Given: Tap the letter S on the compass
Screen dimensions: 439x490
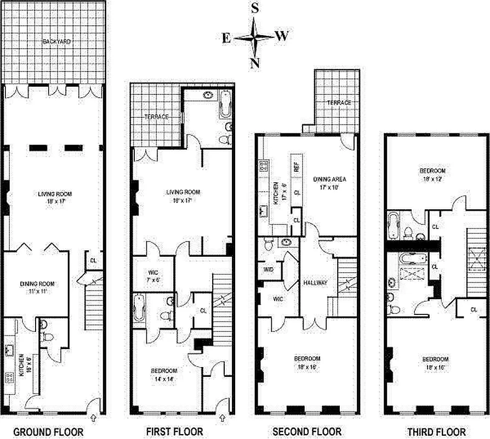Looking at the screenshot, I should pyautogui.click(x=255, y=8).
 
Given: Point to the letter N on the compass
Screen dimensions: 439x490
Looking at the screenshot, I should pyautogui.click(x=254, y=63).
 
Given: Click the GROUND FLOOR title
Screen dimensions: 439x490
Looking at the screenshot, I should pyautogui.click(x=48, y=432).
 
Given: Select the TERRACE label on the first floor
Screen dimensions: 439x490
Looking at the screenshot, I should pyautogui.click(x=156, y=117).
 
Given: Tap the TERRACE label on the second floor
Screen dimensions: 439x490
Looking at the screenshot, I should pyautogui.click(x=339, y=103).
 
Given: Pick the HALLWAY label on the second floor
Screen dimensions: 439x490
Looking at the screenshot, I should pyautogui.click(x=315, y=283).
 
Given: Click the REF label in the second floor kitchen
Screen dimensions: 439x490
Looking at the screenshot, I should pyautogui.click(x=295, y=167).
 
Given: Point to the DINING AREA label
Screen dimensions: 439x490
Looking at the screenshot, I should pyautogui.click(x=330, y=179).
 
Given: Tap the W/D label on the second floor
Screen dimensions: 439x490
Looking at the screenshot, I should pyautogui.click(x=269, y=269).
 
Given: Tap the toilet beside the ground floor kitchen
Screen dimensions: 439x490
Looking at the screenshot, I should pyautogui.click(x=48, y=337).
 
